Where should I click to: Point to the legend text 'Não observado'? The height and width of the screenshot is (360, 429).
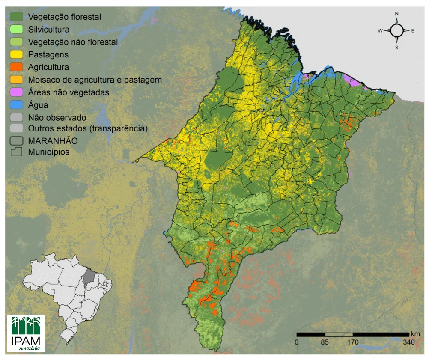click(57, 117)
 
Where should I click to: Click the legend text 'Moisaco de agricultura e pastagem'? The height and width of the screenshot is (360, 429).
click(95, 80)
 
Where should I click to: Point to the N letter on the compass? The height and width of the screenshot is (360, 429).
click(396, 14)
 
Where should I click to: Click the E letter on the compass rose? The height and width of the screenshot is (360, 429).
click(413, 30)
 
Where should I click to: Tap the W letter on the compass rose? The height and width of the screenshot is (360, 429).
click(380, 30)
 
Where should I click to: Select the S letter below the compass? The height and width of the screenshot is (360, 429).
click(396, 48)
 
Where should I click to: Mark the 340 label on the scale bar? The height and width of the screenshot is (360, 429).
click(408, 342)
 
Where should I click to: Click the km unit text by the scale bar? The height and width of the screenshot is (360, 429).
click(415, 334)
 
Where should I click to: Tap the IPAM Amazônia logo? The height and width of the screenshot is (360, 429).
click(26, 333)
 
